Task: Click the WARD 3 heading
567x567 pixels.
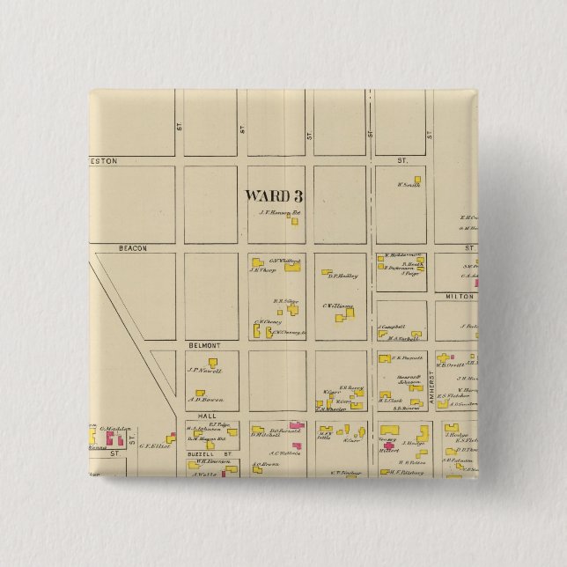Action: [x=274, y=195]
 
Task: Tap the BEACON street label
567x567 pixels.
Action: [x=132, y=249]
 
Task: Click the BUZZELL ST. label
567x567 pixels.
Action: [x=211, y=453]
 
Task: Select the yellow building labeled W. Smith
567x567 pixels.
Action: [x=417, y=180]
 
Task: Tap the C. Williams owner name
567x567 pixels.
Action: [x=338, y=306]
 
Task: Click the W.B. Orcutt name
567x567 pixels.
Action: [x=448, y=364]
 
